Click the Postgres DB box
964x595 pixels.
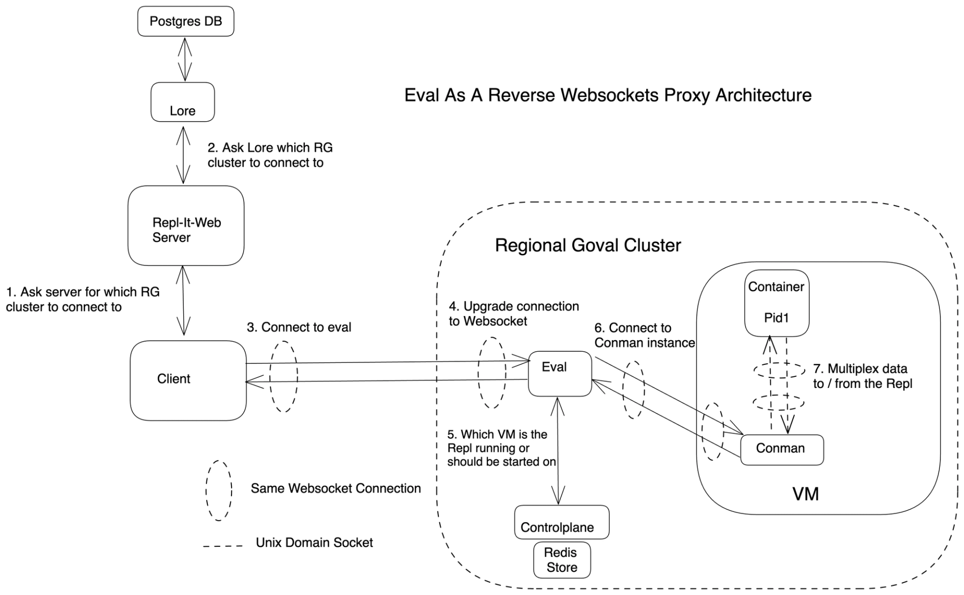[x=186, y=21]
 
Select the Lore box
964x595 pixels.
[x=183, y=102]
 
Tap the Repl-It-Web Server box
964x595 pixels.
[x=186, y=226]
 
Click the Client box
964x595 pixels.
[x=188, y=380]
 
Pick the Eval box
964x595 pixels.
[x=560, y=373]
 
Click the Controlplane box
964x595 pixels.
[x=562, y=522]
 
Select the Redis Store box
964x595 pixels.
[x=562, y=560]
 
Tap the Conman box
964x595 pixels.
[x=782, y=449]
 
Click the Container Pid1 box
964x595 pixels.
[x=777, y=303]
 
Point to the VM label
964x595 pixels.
[x=805, y=494]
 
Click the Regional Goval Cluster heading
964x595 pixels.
[x=588, y=245]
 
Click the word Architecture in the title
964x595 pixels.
[x=763, y=95]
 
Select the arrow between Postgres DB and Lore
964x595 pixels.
[x=185, y=59]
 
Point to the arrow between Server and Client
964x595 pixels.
[x=183, y=301]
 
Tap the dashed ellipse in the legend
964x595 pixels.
[x=219, y=490]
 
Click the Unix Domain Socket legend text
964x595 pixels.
[x=314, y=543]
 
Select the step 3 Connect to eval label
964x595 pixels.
[x=299, y=327]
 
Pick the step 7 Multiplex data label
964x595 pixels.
[x=862, y=376]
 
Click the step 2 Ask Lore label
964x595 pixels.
[x=270, y=155]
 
